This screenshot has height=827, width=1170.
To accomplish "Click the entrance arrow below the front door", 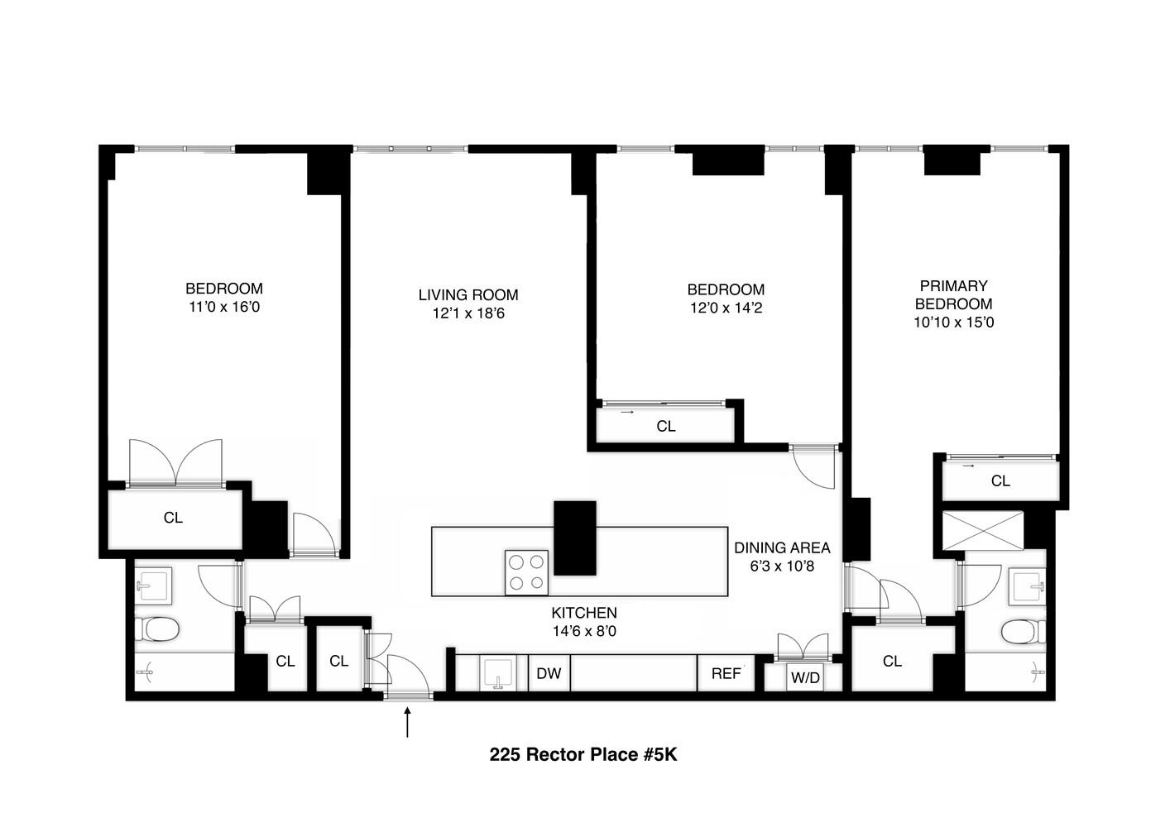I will (406, 721).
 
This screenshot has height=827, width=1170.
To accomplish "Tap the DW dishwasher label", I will (549, 673).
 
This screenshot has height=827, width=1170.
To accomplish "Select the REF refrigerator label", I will (726, 673).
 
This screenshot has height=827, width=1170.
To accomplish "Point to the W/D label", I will (805, 678).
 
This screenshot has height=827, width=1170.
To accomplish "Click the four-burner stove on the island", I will (526, 572).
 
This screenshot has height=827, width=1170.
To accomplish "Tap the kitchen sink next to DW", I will (498, 673).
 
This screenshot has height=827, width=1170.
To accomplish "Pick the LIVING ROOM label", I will (468, 294).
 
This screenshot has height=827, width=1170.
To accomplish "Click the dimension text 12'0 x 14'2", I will (726, 308).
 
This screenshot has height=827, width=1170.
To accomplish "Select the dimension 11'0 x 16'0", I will (224, 307).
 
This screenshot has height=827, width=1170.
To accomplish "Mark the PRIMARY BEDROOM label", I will (953, 294).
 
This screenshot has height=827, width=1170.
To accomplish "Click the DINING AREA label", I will (782, 547).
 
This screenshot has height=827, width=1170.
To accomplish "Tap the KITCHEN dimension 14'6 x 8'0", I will (584, 631).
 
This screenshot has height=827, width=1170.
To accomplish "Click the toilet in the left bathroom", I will (157, 630).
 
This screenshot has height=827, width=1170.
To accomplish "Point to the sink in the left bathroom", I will (154, 586).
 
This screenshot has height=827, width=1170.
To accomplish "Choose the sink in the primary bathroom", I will (1027, 586).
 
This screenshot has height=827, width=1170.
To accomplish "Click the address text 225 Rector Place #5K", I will (583, 754).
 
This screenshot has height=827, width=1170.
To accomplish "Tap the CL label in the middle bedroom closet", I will (666, 426).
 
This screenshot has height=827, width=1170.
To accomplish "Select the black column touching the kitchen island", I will (574, 538).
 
